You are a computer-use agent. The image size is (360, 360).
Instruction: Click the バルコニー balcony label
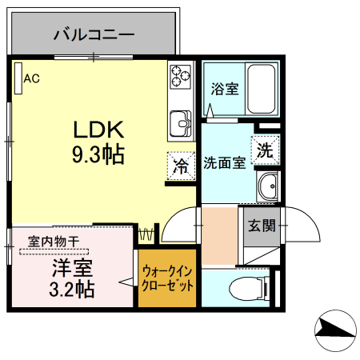(x=94, y=34)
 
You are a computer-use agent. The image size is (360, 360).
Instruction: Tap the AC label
(x=32, y=78)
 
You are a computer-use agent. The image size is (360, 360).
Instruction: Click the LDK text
(x=98, y=129)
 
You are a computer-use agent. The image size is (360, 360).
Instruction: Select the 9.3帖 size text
(x=98, y=154)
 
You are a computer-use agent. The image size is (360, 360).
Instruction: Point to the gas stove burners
(x=180, y=78)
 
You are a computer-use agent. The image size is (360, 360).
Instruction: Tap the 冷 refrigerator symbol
(x=181, y=166)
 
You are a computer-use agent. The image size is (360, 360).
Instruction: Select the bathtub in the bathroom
(x=261, y=88)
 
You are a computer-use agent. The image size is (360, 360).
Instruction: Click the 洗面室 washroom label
(x=223, y=164)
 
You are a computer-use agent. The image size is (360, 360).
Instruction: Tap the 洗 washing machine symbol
(x=265, y=149)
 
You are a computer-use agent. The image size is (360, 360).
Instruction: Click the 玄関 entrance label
(x=262, y=226)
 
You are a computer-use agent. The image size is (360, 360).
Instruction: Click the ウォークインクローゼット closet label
(x=166, y=278)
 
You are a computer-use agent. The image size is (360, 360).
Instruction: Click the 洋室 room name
(x=70, y=266)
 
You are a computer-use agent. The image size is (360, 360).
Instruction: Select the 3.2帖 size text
(x=70, y=288)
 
